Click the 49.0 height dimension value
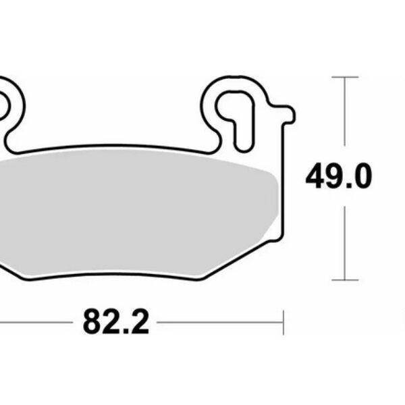point(338,177)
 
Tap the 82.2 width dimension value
point(115,323)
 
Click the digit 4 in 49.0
point(315,177)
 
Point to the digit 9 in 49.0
point(333,177)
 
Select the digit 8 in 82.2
point(92,323)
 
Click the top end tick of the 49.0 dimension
point(345,78)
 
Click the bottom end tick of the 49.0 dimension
point(345,279)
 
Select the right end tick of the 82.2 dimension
point(283,322)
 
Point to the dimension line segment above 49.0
point(345,111)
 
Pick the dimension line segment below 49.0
point(345,243)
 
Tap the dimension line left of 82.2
point(34,322)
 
